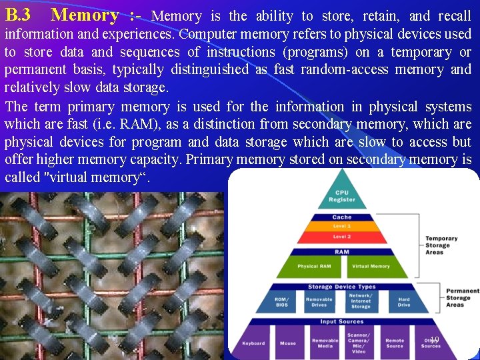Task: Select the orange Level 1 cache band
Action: pyautogui.click(x=341, y=227)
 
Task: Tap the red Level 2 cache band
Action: pyautogui.click(x=341, y=237)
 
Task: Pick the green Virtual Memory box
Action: pyautogui.click(x=371, y=266)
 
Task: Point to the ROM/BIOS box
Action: pyautogui.click(x=282, y=301)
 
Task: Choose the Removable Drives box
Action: pyautogui.click(x=319, y=301)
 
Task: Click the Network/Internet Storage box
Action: pyautogui.click(x=361, y=301)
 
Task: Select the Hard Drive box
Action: pyautogui.click(x=404, y=301)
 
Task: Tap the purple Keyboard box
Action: pyautogui.click(x=253, y=343)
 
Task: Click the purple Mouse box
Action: pyautogui.click(x=288, y=343)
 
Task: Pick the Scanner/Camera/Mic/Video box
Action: pyautogui.click(x=359, y=343)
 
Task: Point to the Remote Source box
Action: pyautogui.click(x=395, y=343)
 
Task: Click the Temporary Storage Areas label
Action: pyautogui.click(x=442, y=245)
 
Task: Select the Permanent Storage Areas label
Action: pyautogui.click(x=462, y=298)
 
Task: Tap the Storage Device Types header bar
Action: pyautogui.click(x=342, y=287)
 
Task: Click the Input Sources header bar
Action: pyautogui.click(x=342, y=321)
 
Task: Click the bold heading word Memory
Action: pyautogui.click(x=85, y=15)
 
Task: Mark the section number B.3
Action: pyautogui.click(x=18, y=15)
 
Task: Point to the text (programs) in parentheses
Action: pyautogui.click(x=313, y=52)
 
